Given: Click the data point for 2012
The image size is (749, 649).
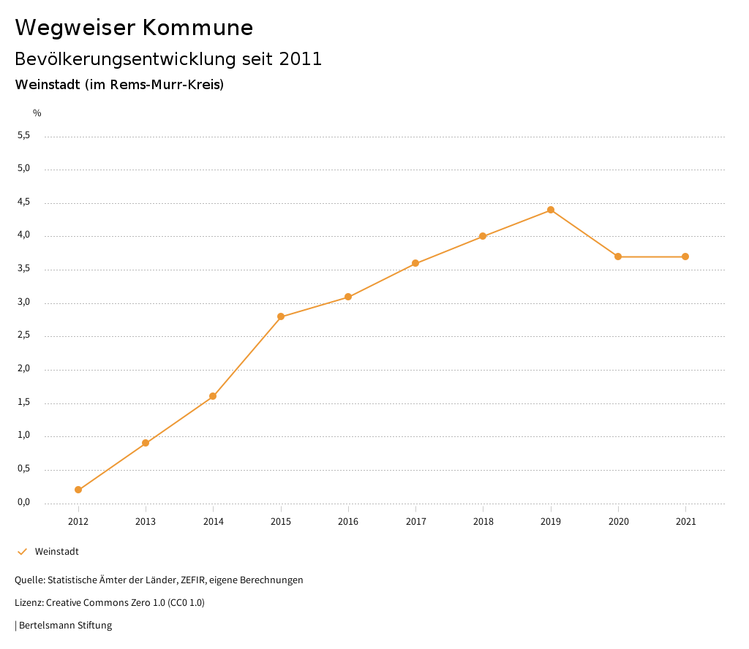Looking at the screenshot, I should [78, 490].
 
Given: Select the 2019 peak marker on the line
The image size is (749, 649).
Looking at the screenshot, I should [551, 210].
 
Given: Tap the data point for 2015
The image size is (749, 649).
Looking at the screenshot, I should [281, 316].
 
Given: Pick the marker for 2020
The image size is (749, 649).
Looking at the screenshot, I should [618, 257].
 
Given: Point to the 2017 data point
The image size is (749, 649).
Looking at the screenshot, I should [415, 263].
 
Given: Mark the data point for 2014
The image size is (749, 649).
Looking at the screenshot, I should [213, 396].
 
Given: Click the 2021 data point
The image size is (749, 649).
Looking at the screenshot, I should [685, 257].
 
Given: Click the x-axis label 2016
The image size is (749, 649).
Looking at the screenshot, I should [348, 522].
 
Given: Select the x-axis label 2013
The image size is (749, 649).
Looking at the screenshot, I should [146, 522].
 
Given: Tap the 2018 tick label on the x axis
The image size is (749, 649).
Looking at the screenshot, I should [483, 522].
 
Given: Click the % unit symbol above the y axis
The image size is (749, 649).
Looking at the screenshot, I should [37, 113].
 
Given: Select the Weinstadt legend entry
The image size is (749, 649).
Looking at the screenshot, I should [56, 552].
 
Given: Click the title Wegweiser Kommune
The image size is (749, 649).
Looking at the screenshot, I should [134, 28].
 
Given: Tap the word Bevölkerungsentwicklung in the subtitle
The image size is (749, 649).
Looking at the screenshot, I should [125, 59].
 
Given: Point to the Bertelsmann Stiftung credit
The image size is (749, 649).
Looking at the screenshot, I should [65, 626].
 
